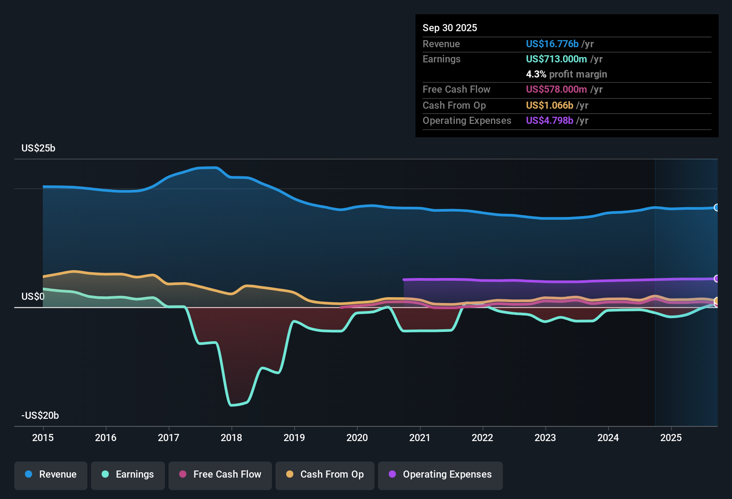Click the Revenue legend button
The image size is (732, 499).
tap(51, 474)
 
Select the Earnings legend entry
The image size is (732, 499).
tap(128, 474)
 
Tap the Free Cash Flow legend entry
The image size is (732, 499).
tap(220, 474)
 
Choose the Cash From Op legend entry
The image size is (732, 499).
tap(325, 474)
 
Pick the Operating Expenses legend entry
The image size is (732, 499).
tap(440, 474)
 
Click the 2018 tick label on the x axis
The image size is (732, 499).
tap(231, 438)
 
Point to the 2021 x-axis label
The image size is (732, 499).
tap(420, 438)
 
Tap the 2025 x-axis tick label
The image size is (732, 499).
tap(671, 438)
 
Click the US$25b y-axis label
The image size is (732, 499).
tap(38, 148)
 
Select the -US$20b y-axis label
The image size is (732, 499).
tap(40, 416)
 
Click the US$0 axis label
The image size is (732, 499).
tap(33, 297)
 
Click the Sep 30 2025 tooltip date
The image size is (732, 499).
tap(450, 28)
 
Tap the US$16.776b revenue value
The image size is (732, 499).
tap(552, 44)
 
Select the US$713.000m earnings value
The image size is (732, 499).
tap(556, 59)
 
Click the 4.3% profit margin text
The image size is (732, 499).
tap(566, 74)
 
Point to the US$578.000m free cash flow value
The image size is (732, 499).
tap(556, 89)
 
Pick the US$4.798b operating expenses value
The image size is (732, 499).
tap(549, 120)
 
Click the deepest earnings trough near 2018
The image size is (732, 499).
tap(232, 405)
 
